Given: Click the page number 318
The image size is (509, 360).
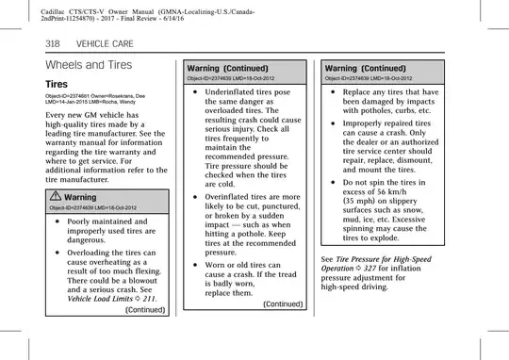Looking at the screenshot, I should tap(55, 44).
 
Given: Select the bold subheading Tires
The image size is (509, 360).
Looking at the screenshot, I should tap(61, 84).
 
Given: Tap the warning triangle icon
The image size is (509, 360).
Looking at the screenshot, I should tap(56, 197).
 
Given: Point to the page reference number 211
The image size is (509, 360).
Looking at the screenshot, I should tap(149, 298).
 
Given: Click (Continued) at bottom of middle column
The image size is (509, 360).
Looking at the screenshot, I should tap(282, 303).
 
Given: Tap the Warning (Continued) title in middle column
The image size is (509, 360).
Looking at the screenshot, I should tap(228, 68).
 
